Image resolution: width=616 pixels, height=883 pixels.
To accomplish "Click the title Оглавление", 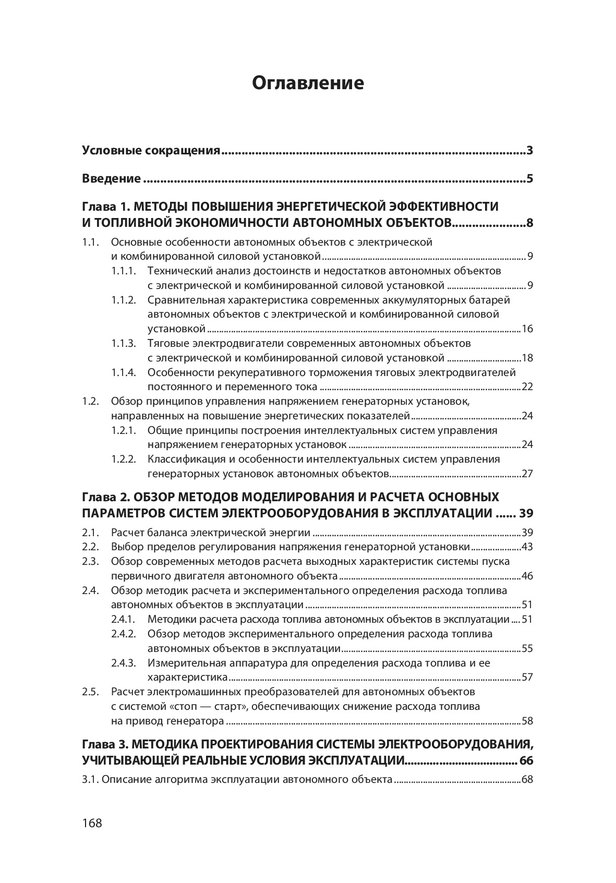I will pyautogui.click(x=308, y=83).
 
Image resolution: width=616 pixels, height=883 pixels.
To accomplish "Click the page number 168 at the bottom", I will pyautogui.click(x=92, y=823).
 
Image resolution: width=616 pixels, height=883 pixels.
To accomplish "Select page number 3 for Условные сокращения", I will pyautogui.click(x=529, y=151).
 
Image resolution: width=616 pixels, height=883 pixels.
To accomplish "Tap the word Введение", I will pyautogui.click(x=111, y=179).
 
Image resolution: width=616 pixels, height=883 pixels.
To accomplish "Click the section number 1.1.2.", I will pyautogui.click(x=124, y=300).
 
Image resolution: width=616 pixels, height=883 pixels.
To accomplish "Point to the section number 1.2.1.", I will pyautogui.click(x=124, y=430).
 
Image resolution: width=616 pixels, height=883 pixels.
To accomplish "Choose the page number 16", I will pyautogui.click(x=527, y=329).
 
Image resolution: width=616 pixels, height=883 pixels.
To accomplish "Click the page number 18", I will pyautogui.click(x=527, y=358).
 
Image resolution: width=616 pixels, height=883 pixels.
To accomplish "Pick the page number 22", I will pyautogui.click(x=527, y=387).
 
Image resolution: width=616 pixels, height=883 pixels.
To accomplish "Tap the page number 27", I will pyautogui.click(x=527, y=474).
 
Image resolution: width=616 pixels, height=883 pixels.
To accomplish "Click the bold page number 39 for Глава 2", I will pyautogui.click(x=526, y=513).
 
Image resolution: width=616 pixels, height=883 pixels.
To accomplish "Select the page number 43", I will pyautogui.click(x=527, y=547).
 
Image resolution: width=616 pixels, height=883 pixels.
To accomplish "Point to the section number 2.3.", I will pyautogui.click(x=90, y=562).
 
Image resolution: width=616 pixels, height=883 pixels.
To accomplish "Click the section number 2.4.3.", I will pyautogui.click(x=124, y=663).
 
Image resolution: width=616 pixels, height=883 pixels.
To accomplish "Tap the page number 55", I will pyautogui.click(x=527, y=649).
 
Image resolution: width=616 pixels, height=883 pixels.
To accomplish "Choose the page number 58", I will pyautogui.click(x=527, y=721).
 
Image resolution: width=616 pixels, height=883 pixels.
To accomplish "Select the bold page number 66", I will pyautogui.click(x=526, y=760).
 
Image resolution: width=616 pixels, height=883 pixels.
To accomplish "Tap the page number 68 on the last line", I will pyautogui.click(x=527, y=780).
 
